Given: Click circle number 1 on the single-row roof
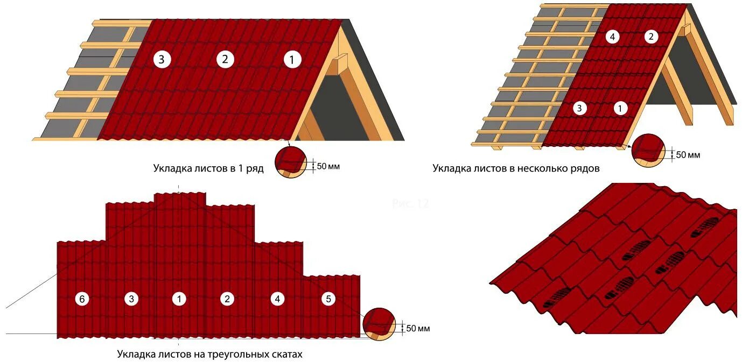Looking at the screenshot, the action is tap(292, 60).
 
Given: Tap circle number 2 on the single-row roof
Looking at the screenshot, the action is tap(225, 60).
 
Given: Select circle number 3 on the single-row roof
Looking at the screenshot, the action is tap(162, 60).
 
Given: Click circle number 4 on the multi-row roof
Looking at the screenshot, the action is tap(612, 37).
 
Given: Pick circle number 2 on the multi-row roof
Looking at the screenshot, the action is tap(651, 37).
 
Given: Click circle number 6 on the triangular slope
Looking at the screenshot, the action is tap(82, 299).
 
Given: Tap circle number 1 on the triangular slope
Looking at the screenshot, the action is tap(179, 299).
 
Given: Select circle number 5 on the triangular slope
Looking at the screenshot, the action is tap(328, 299).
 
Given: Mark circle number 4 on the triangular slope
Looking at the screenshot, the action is tap(277, 299).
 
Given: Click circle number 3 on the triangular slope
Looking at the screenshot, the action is tap(131, 299).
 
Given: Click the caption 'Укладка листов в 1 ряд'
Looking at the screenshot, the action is tap(208, 169).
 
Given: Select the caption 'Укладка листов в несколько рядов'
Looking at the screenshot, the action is tap(516, 168).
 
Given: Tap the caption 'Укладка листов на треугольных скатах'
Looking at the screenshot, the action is tap(210, 355).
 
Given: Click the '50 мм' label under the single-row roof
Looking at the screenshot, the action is tap(328, 167).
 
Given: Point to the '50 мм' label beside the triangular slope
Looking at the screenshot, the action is tap(418, 328).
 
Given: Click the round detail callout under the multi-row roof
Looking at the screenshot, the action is tap(648, 149).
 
